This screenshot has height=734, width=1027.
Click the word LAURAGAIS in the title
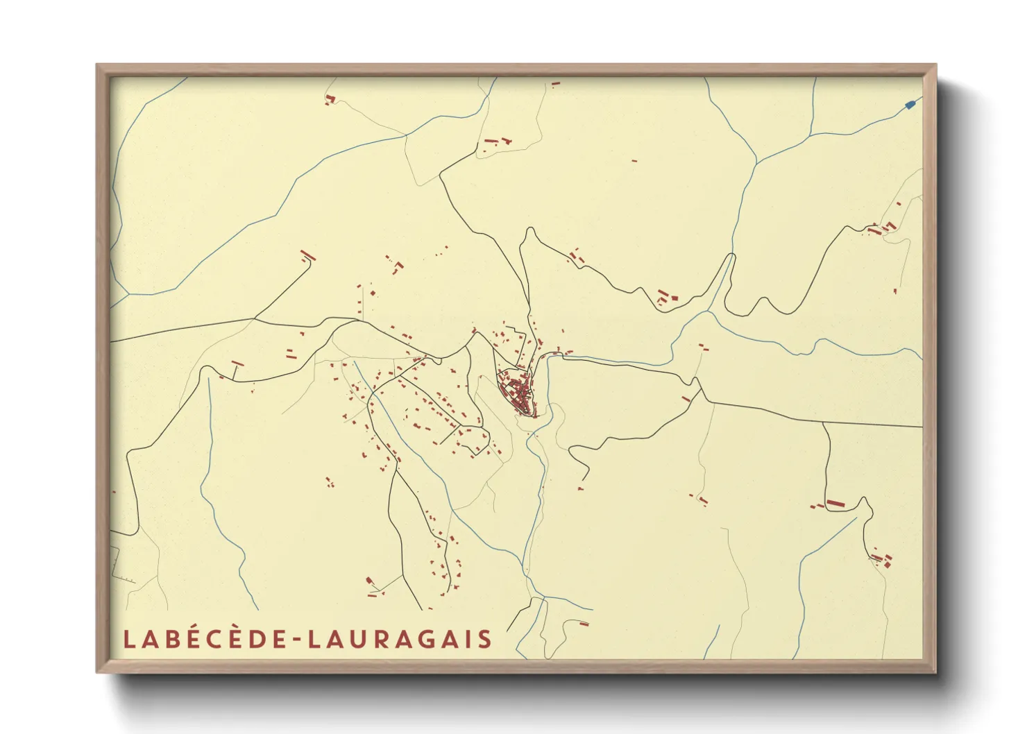click(x=399, y=639)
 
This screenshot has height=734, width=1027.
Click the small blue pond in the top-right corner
click(x=910, y=105)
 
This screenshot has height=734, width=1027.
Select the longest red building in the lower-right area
click(x=835, y=503)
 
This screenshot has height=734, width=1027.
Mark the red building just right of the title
click(x=584, y=624)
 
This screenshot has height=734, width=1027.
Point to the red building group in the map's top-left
click(x=330, y=100)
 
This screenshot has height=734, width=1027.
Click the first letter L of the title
click(x=128, y=639)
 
